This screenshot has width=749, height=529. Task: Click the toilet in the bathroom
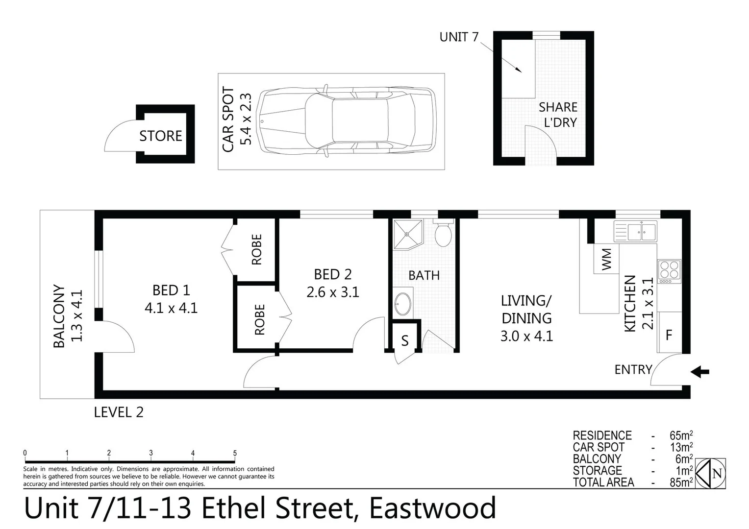point(443,235)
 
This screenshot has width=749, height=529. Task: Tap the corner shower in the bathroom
point(407,234)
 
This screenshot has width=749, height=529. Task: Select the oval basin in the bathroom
point(403,304)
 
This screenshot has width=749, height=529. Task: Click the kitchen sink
point(635,231)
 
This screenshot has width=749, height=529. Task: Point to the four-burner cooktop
point(669,270)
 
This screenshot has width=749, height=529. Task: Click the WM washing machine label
point(606,259)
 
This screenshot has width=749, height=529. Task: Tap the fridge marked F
point(669,335)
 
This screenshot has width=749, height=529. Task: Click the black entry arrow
point(700,372)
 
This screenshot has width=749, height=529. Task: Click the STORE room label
point(160,136)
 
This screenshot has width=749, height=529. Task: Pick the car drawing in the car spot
point(346,121)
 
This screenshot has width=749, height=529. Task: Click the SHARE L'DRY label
point(558,115)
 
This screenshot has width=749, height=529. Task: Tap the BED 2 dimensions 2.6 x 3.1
point(333,292)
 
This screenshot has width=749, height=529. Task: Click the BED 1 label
point(171,290)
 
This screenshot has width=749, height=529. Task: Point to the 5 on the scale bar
point(235,453)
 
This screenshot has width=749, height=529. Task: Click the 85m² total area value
point(681,482)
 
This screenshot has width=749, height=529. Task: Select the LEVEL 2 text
point(119,412)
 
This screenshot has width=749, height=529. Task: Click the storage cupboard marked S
point(404,341)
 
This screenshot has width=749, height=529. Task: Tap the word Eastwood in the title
point(432,508)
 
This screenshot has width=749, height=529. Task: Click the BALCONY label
point(59,316)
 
